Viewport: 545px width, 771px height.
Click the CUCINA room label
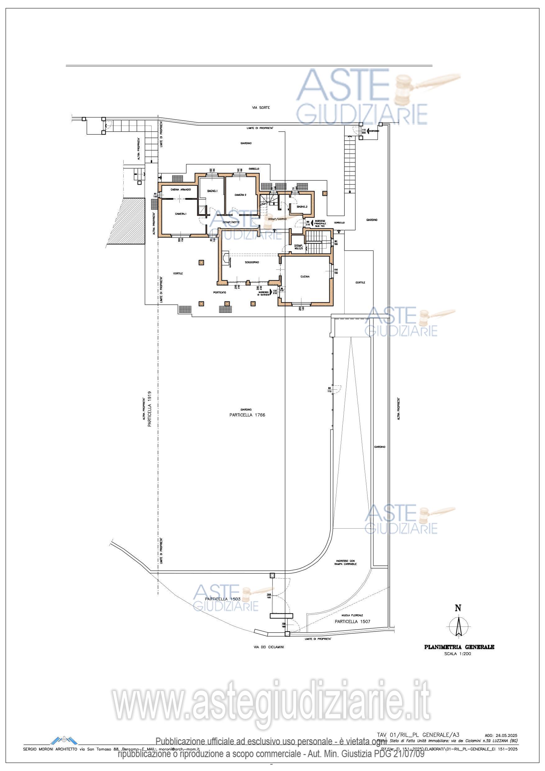tap(305, 277)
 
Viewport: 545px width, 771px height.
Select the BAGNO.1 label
tap(212, 191)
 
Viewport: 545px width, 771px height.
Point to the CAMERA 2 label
tap(240, 195)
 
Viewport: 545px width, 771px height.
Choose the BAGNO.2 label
tap(302, 207)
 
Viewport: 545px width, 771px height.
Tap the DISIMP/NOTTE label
tap(231, 222)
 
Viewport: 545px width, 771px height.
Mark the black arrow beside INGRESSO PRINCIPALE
tap(313, 222)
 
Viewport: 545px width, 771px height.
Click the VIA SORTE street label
tap(261, 108)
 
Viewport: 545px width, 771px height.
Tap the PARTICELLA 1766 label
tap(247, 415)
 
